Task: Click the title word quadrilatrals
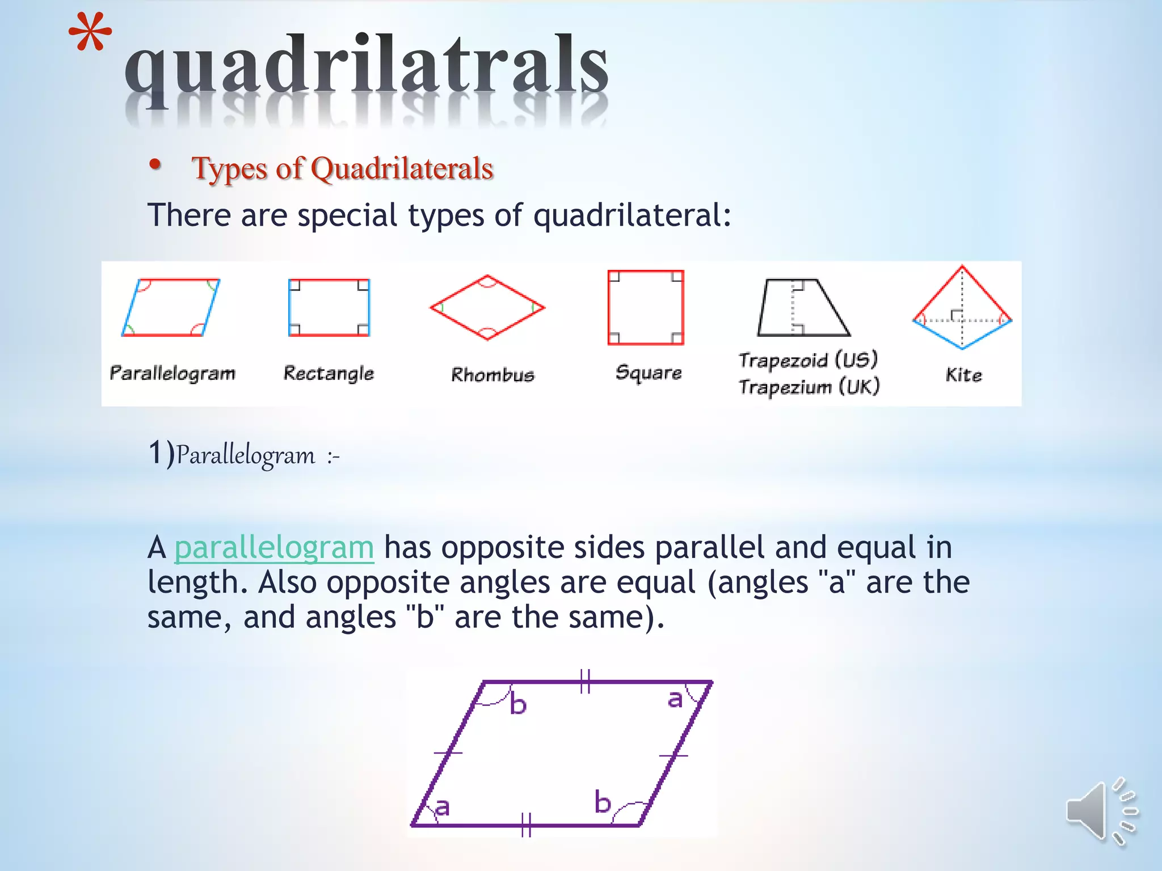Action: [x=367, y=67]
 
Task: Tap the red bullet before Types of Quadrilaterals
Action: [x=155, y=164]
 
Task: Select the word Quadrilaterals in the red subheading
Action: [x=402, y=168]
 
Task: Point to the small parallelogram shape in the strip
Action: [x=171, y=307]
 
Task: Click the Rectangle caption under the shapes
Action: [x=329, y=373]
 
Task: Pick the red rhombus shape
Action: [x=487, y=307]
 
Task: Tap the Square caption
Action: [x=649, y=373]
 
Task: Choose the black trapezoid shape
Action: [x=803, y=307]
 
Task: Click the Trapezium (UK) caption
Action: [x=809, y=387]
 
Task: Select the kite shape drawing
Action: [x=962, y=307]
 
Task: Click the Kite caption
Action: [x=963, y=375]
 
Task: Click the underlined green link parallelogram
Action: [x=274, y=547]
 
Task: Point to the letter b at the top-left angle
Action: [x=518, y=704]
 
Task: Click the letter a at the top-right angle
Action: [x=675, y=699]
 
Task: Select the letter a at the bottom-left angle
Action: [x=443, y=806]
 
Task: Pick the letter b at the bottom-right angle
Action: [x=603, y=802]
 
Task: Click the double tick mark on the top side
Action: [x=586, y=681]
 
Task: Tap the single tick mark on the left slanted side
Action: [x=448, y=752]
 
